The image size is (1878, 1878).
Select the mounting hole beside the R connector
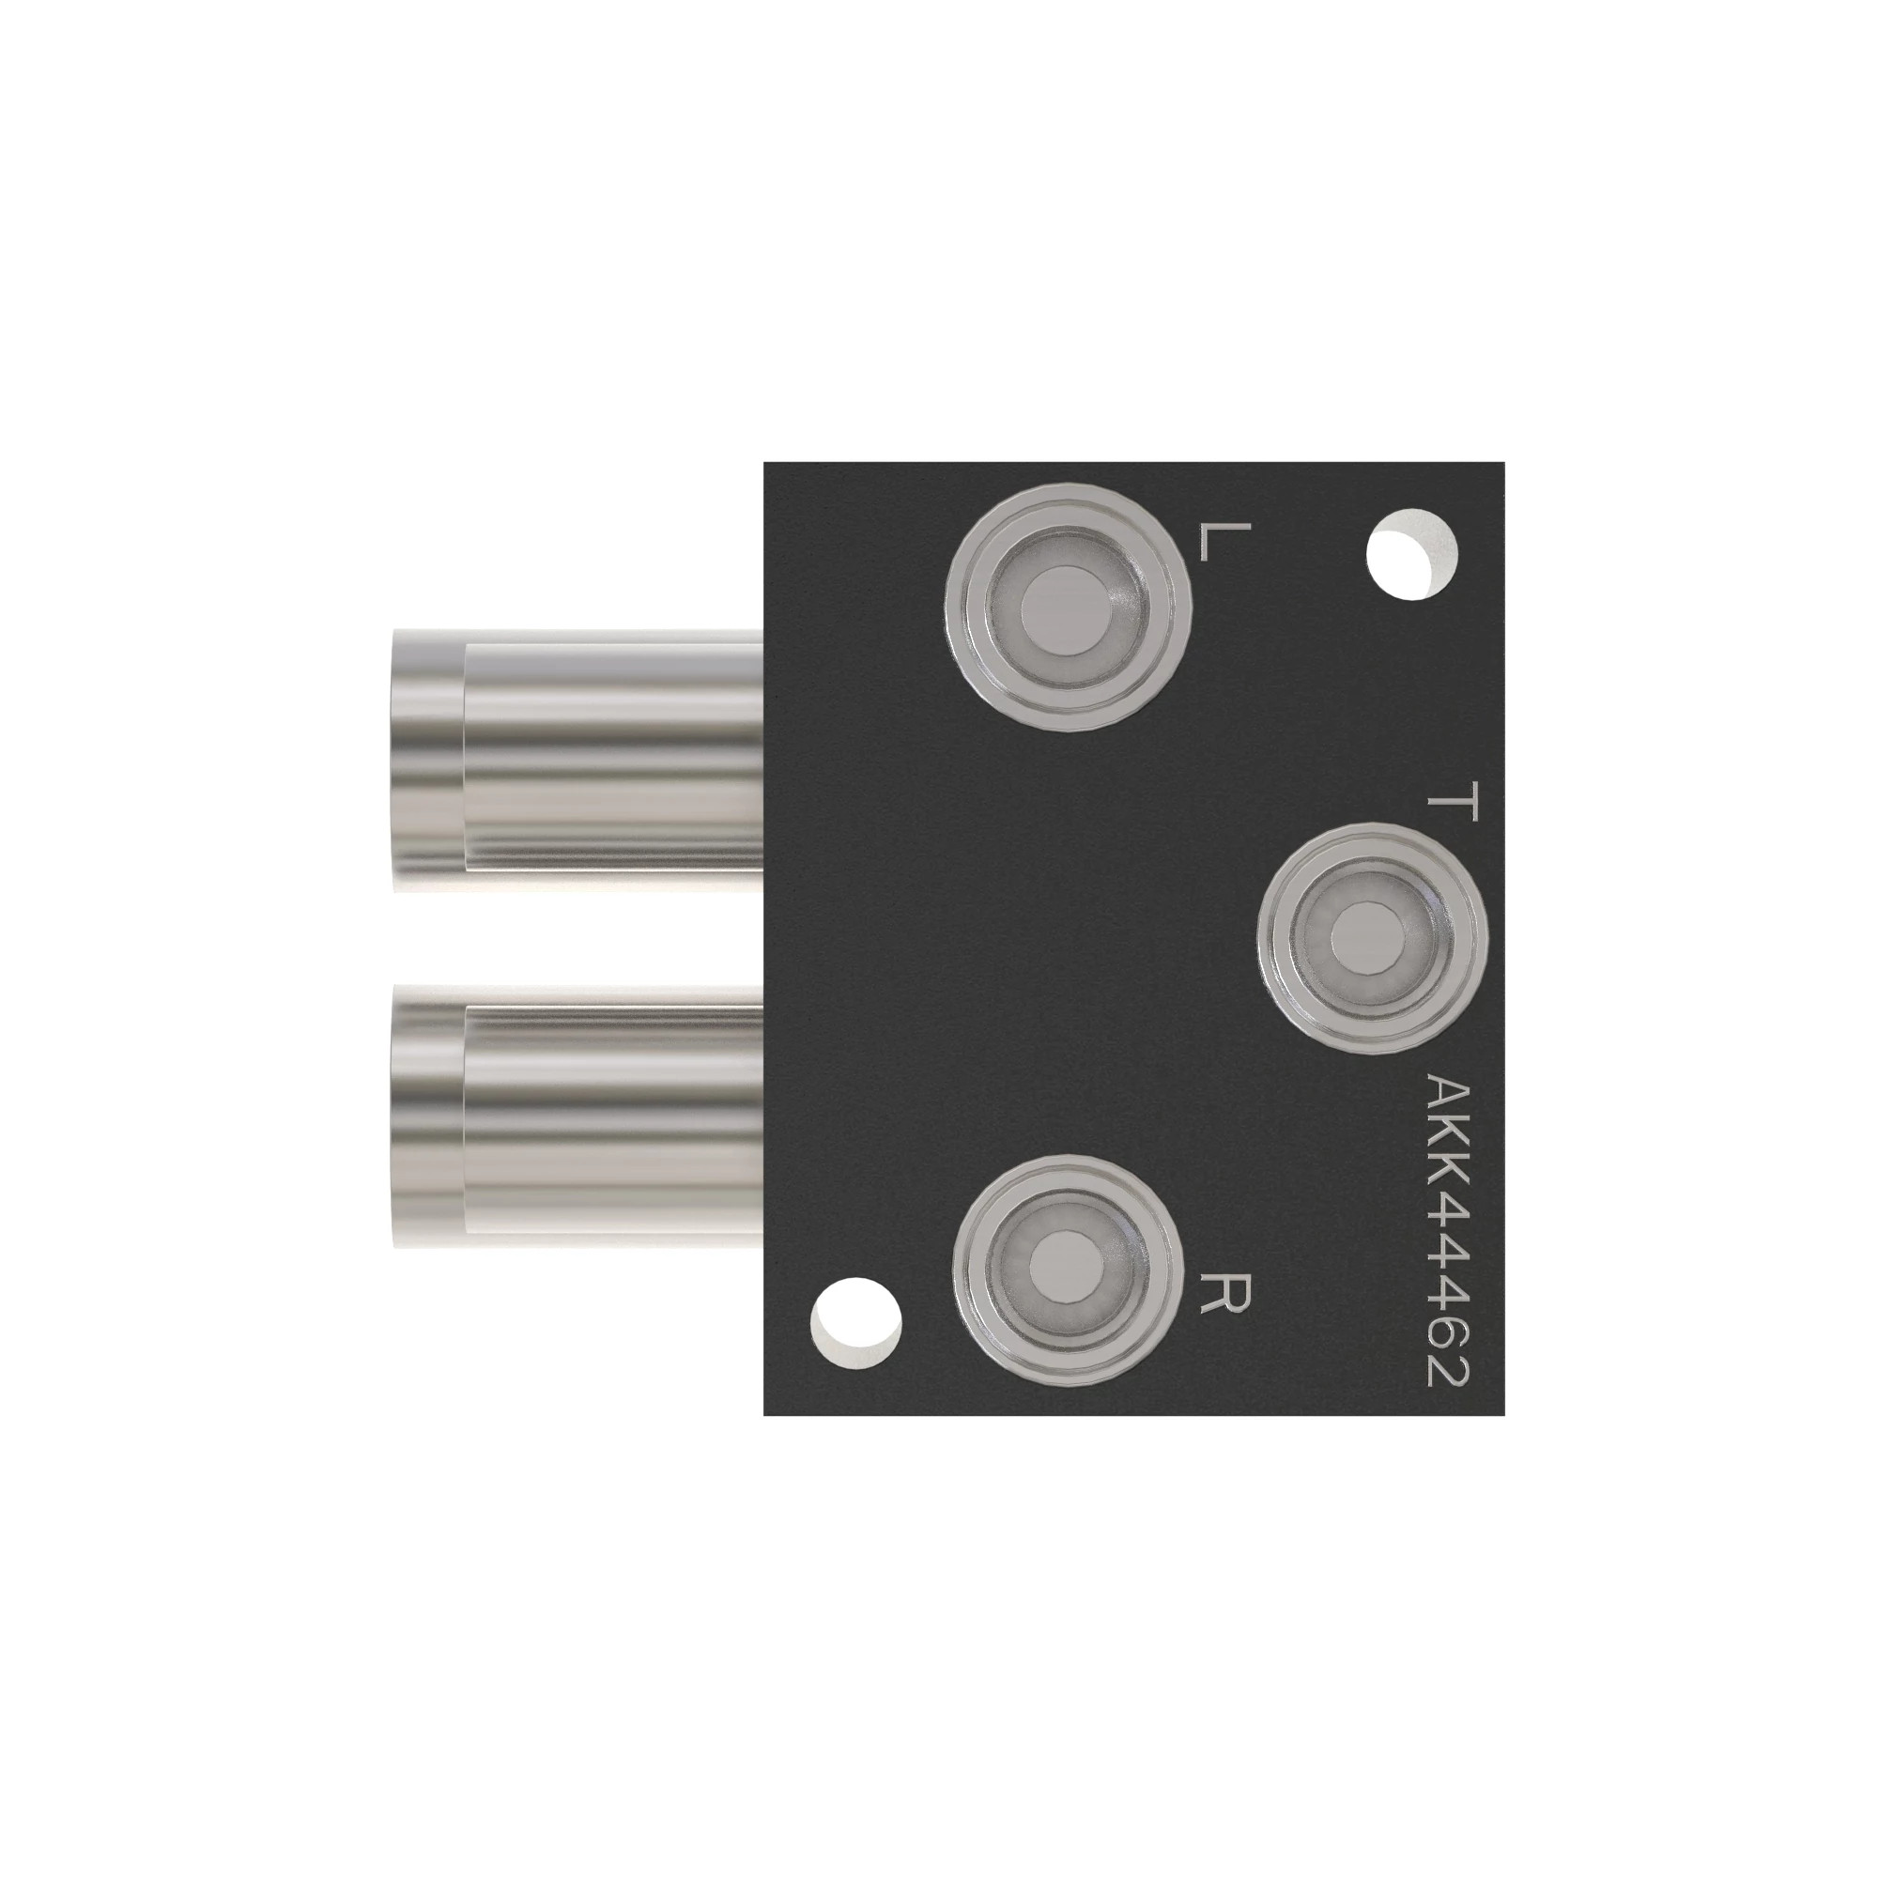coord(855,1325)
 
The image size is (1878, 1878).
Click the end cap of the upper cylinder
coord(427,761)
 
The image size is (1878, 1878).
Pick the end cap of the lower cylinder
coord(427,1116)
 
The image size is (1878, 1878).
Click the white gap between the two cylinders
coord(574,938)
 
